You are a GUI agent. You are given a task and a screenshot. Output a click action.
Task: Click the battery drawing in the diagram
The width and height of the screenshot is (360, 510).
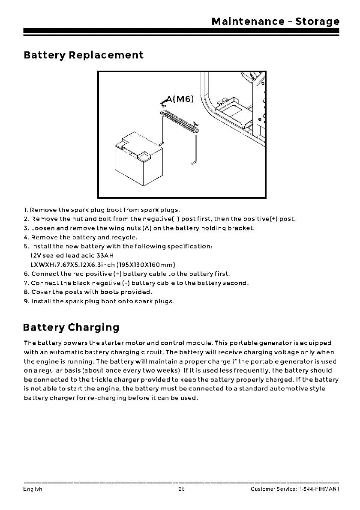point(138,158)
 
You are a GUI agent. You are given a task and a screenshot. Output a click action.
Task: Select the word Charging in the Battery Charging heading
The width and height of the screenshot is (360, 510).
point(92,328)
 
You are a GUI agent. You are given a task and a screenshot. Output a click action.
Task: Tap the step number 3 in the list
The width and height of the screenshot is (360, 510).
point(26,228)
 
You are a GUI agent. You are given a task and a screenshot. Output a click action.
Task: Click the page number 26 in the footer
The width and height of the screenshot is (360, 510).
point(182,489)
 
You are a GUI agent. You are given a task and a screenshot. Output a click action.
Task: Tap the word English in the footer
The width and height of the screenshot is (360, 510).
point(33,489)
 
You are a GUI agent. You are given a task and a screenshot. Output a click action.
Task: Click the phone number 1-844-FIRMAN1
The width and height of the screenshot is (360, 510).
point(317,489)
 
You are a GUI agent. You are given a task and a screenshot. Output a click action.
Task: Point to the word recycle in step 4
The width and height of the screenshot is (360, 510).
point(124,237)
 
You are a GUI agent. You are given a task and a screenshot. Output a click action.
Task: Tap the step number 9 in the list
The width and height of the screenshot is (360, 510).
point(26,301)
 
